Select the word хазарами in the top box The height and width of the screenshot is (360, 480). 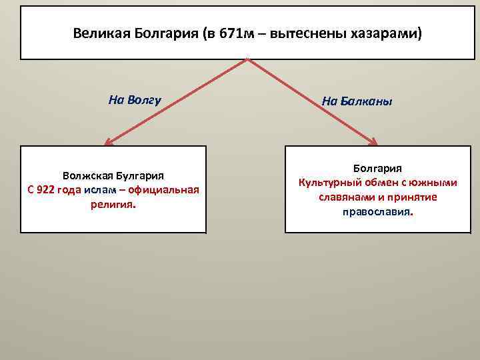click(386, 33)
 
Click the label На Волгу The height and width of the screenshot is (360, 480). click(135, 101)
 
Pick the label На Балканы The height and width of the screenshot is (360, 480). click(357, 102)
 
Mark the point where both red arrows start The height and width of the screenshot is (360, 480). click(248, 59)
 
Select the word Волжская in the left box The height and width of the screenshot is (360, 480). click(91, 176)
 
